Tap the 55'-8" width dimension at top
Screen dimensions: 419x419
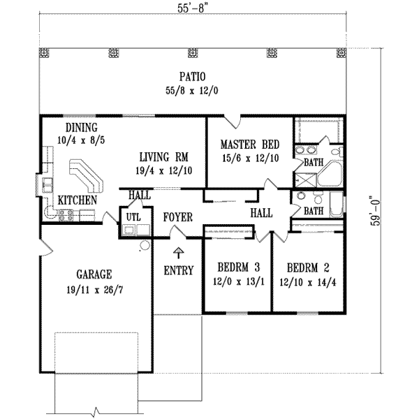pyautogui.click(x=193, y=8)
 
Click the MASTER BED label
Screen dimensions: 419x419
pyautogui.click(x=250, y=145)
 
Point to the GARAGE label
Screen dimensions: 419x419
pyautogui.click(x=95, y=274)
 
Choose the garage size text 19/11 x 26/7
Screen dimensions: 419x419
pyautogui.click(x=95, y=288)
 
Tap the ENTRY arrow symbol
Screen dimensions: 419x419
pyautogui.click(x=179, y=253)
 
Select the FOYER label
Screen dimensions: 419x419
pyautogui.click(x=177, y=217)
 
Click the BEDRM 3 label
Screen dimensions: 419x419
pyautogui.click(x=237, y=267)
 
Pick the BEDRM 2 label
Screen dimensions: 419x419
pyautogui.click(x=306, y=267)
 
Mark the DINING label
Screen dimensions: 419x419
pyautogui.click(x=82, y=127)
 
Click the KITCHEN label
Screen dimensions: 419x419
pyautogui.click(x=77, y=200)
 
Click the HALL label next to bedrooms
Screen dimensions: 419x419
pyautogui.click(x=261, y=213)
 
